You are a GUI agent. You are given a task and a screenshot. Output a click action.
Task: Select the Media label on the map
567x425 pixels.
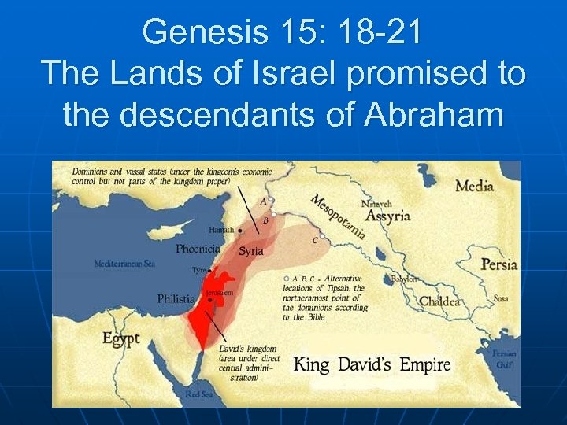(x=474, y=187)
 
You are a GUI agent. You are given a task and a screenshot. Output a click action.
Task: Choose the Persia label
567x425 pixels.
(x=499, y=264)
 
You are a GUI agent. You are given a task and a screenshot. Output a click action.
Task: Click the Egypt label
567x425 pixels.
(x=120, y=338)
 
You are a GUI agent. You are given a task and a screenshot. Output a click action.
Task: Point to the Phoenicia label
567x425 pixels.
(x=198, y=249)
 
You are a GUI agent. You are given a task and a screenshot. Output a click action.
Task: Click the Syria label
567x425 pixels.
(x=251, y=251)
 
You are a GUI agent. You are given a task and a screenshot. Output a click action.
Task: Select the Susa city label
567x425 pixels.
(x=500, y=299)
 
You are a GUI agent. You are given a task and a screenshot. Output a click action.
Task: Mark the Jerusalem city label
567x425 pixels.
(x=220, y=292)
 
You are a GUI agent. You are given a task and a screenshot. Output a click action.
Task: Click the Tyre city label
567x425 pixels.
(x=199, y=270)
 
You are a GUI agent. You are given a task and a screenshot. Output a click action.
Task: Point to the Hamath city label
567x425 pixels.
(x=221, y=230)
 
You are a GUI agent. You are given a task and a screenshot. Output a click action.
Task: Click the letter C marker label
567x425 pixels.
(x=316, y=240)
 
